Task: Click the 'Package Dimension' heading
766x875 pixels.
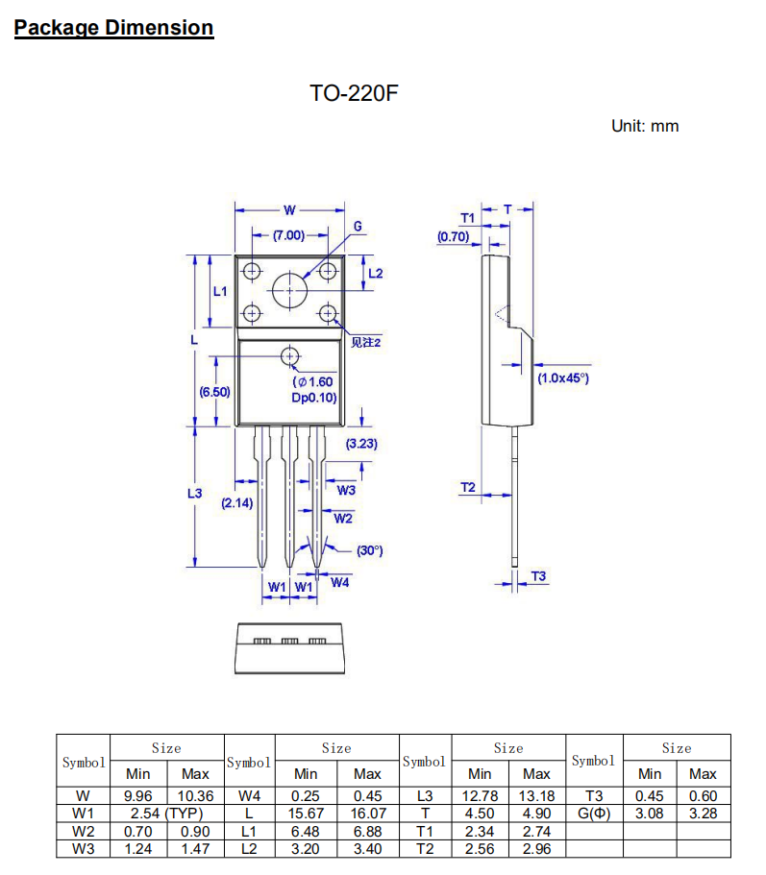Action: click(113, 28)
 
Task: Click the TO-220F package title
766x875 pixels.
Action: click(354, 93)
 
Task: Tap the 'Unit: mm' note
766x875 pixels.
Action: click(645, 126)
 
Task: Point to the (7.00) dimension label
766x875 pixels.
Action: click(287, 235)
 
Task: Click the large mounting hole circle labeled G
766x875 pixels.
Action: click(289, 289)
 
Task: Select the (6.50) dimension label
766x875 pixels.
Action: click(214, 391)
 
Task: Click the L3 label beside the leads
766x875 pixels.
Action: click(194, 494)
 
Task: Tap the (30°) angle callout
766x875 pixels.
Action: click(369, 550)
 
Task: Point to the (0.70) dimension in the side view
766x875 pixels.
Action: click(453, 236)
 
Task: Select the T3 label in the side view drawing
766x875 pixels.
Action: click(538, 576)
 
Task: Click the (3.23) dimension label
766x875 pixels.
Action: click(361, 444)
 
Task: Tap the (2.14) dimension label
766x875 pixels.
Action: click(236, 502)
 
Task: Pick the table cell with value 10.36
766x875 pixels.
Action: click(195, 795)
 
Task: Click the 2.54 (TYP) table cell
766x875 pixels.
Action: click(166, 814)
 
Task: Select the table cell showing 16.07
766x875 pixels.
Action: click(367, 814)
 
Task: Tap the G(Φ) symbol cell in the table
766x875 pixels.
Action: click(594, 814)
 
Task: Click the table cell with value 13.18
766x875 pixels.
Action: click(536, 795)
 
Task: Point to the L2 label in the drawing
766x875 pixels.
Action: click(376, 273)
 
